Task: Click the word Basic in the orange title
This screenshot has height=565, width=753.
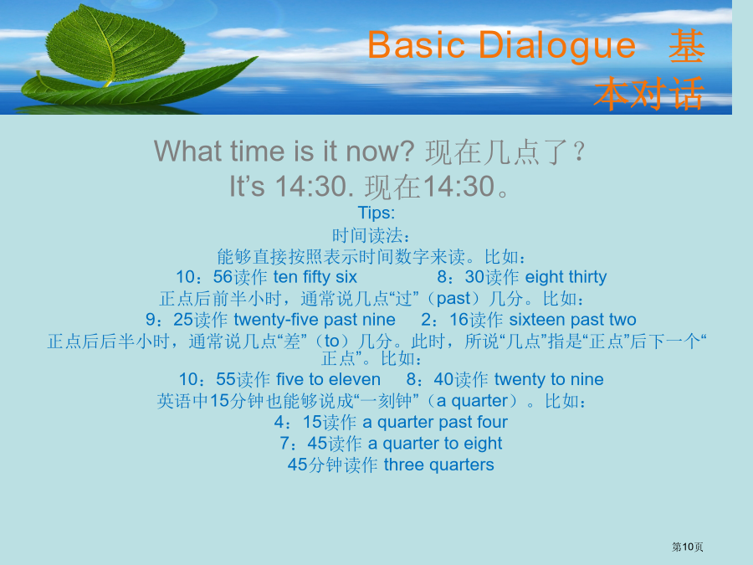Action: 417,44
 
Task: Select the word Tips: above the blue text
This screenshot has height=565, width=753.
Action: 376,213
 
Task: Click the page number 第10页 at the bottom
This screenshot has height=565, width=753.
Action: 687,547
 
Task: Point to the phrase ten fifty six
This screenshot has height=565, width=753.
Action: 315,277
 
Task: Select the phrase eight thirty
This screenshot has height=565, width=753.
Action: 566,277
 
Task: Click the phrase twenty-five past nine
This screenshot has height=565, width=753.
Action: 315,320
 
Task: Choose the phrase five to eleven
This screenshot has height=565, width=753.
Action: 329,379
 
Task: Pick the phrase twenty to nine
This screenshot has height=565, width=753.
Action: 549,379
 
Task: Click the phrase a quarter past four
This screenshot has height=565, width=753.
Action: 435,422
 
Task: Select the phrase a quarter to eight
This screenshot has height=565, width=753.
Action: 435,444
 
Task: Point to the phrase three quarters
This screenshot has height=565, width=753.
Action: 439,465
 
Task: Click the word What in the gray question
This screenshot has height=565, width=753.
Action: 187,151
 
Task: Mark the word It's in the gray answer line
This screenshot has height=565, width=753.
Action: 247,187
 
